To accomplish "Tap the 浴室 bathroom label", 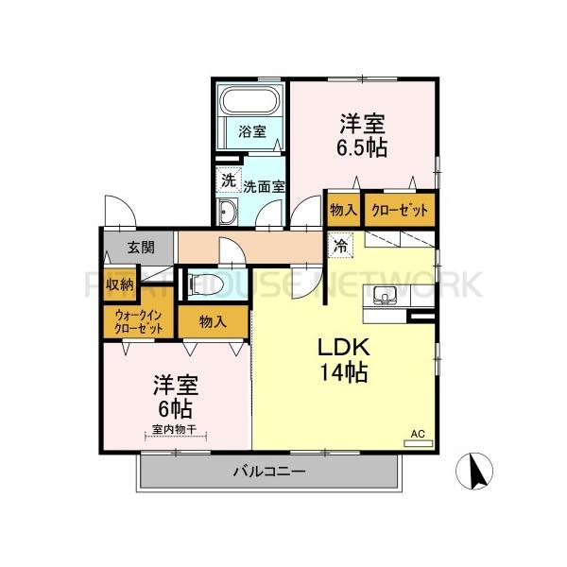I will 249,131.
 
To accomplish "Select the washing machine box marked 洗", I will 228,179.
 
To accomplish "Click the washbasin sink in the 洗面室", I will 229,213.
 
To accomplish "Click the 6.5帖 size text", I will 363,148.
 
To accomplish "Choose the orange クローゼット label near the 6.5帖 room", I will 398,210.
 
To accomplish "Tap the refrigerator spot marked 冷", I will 339,243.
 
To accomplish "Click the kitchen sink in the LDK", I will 386,296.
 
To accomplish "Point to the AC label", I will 417,434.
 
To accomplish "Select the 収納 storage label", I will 119,283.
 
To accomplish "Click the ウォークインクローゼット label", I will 137,321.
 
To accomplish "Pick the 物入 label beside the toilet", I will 213,321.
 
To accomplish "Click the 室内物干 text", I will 174,430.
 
